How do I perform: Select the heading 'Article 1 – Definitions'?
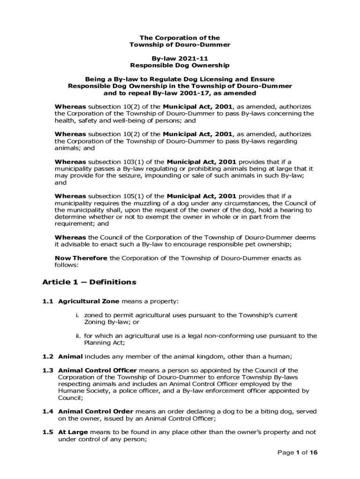coord(89,282)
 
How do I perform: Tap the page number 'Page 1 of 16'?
coord(297,453)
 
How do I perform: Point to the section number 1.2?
coord(48,356)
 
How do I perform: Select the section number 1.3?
coord(48,370)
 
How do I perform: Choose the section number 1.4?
coord(48,412)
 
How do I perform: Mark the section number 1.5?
coord(48,432)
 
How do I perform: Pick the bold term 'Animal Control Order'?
coord(95,412)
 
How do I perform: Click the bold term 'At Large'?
coord(72,432)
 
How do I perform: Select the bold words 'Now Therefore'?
coord(81,258)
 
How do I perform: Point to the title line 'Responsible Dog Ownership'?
coord(180,65)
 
